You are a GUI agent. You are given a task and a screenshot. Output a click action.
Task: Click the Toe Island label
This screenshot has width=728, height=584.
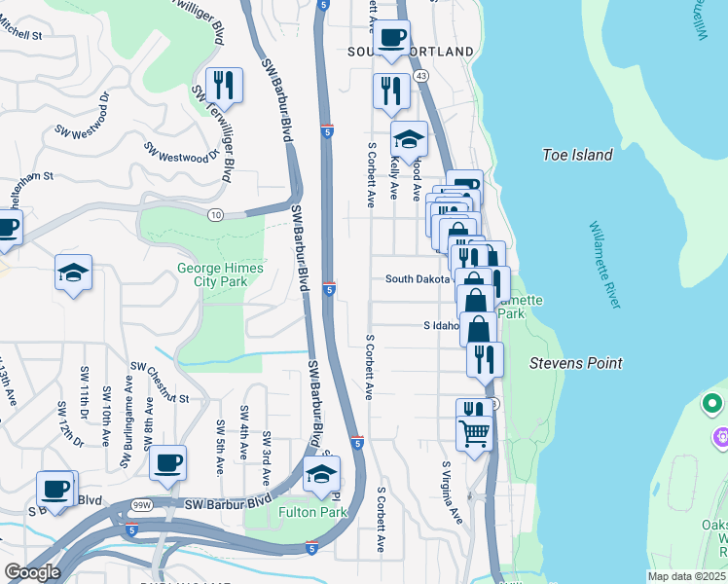click(578, 155)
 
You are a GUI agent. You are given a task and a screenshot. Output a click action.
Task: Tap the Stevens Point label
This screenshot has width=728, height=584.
click(575, 363)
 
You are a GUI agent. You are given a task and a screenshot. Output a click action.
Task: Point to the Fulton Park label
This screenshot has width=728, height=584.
click(312, 512)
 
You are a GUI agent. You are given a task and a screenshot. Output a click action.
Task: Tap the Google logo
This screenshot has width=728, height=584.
click(32, 572)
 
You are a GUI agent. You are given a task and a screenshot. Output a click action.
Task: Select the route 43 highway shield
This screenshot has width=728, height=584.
click(421, 75)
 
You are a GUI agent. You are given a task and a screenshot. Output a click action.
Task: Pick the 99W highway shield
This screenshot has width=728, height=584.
click(142, 505)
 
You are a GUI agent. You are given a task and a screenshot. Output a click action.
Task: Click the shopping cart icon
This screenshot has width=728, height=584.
click(475, 432)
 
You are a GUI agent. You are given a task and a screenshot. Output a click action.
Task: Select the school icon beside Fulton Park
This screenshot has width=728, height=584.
click(321, 475)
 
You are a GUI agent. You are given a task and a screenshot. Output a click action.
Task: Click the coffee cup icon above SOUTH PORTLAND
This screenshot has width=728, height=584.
click(392, 38)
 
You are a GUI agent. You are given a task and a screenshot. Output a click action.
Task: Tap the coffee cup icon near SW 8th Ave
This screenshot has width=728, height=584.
click(168, 463)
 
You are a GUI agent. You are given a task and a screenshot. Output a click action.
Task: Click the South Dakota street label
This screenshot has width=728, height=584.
click(419, 278)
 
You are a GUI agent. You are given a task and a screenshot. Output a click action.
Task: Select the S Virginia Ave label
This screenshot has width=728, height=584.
click(453, 493)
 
